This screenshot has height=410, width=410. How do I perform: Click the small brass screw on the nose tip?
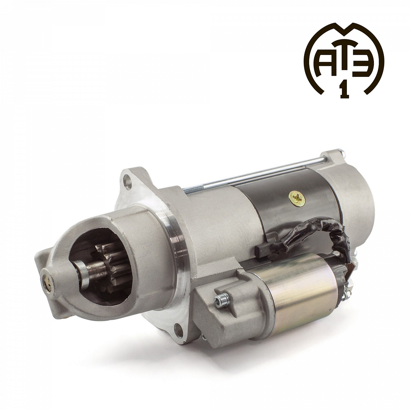pos(46,284)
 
